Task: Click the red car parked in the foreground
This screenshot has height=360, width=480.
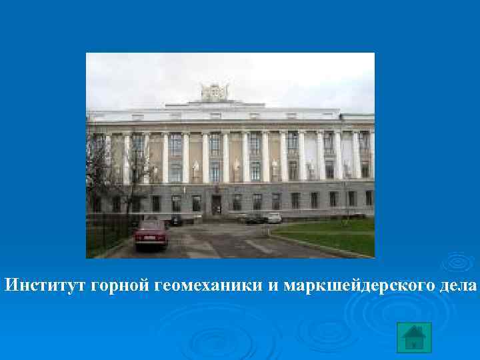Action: tap(151, 235)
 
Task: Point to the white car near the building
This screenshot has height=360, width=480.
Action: tap(274, 217)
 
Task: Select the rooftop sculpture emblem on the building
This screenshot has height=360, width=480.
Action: tap(215, 92)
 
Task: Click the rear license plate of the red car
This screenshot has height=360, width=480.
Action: tap(151, 239)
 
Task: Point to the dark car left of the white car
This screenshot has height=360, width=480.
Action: tap(253, 218)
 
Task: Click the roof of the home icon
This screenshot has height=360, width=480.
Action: tap(414, 331)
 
